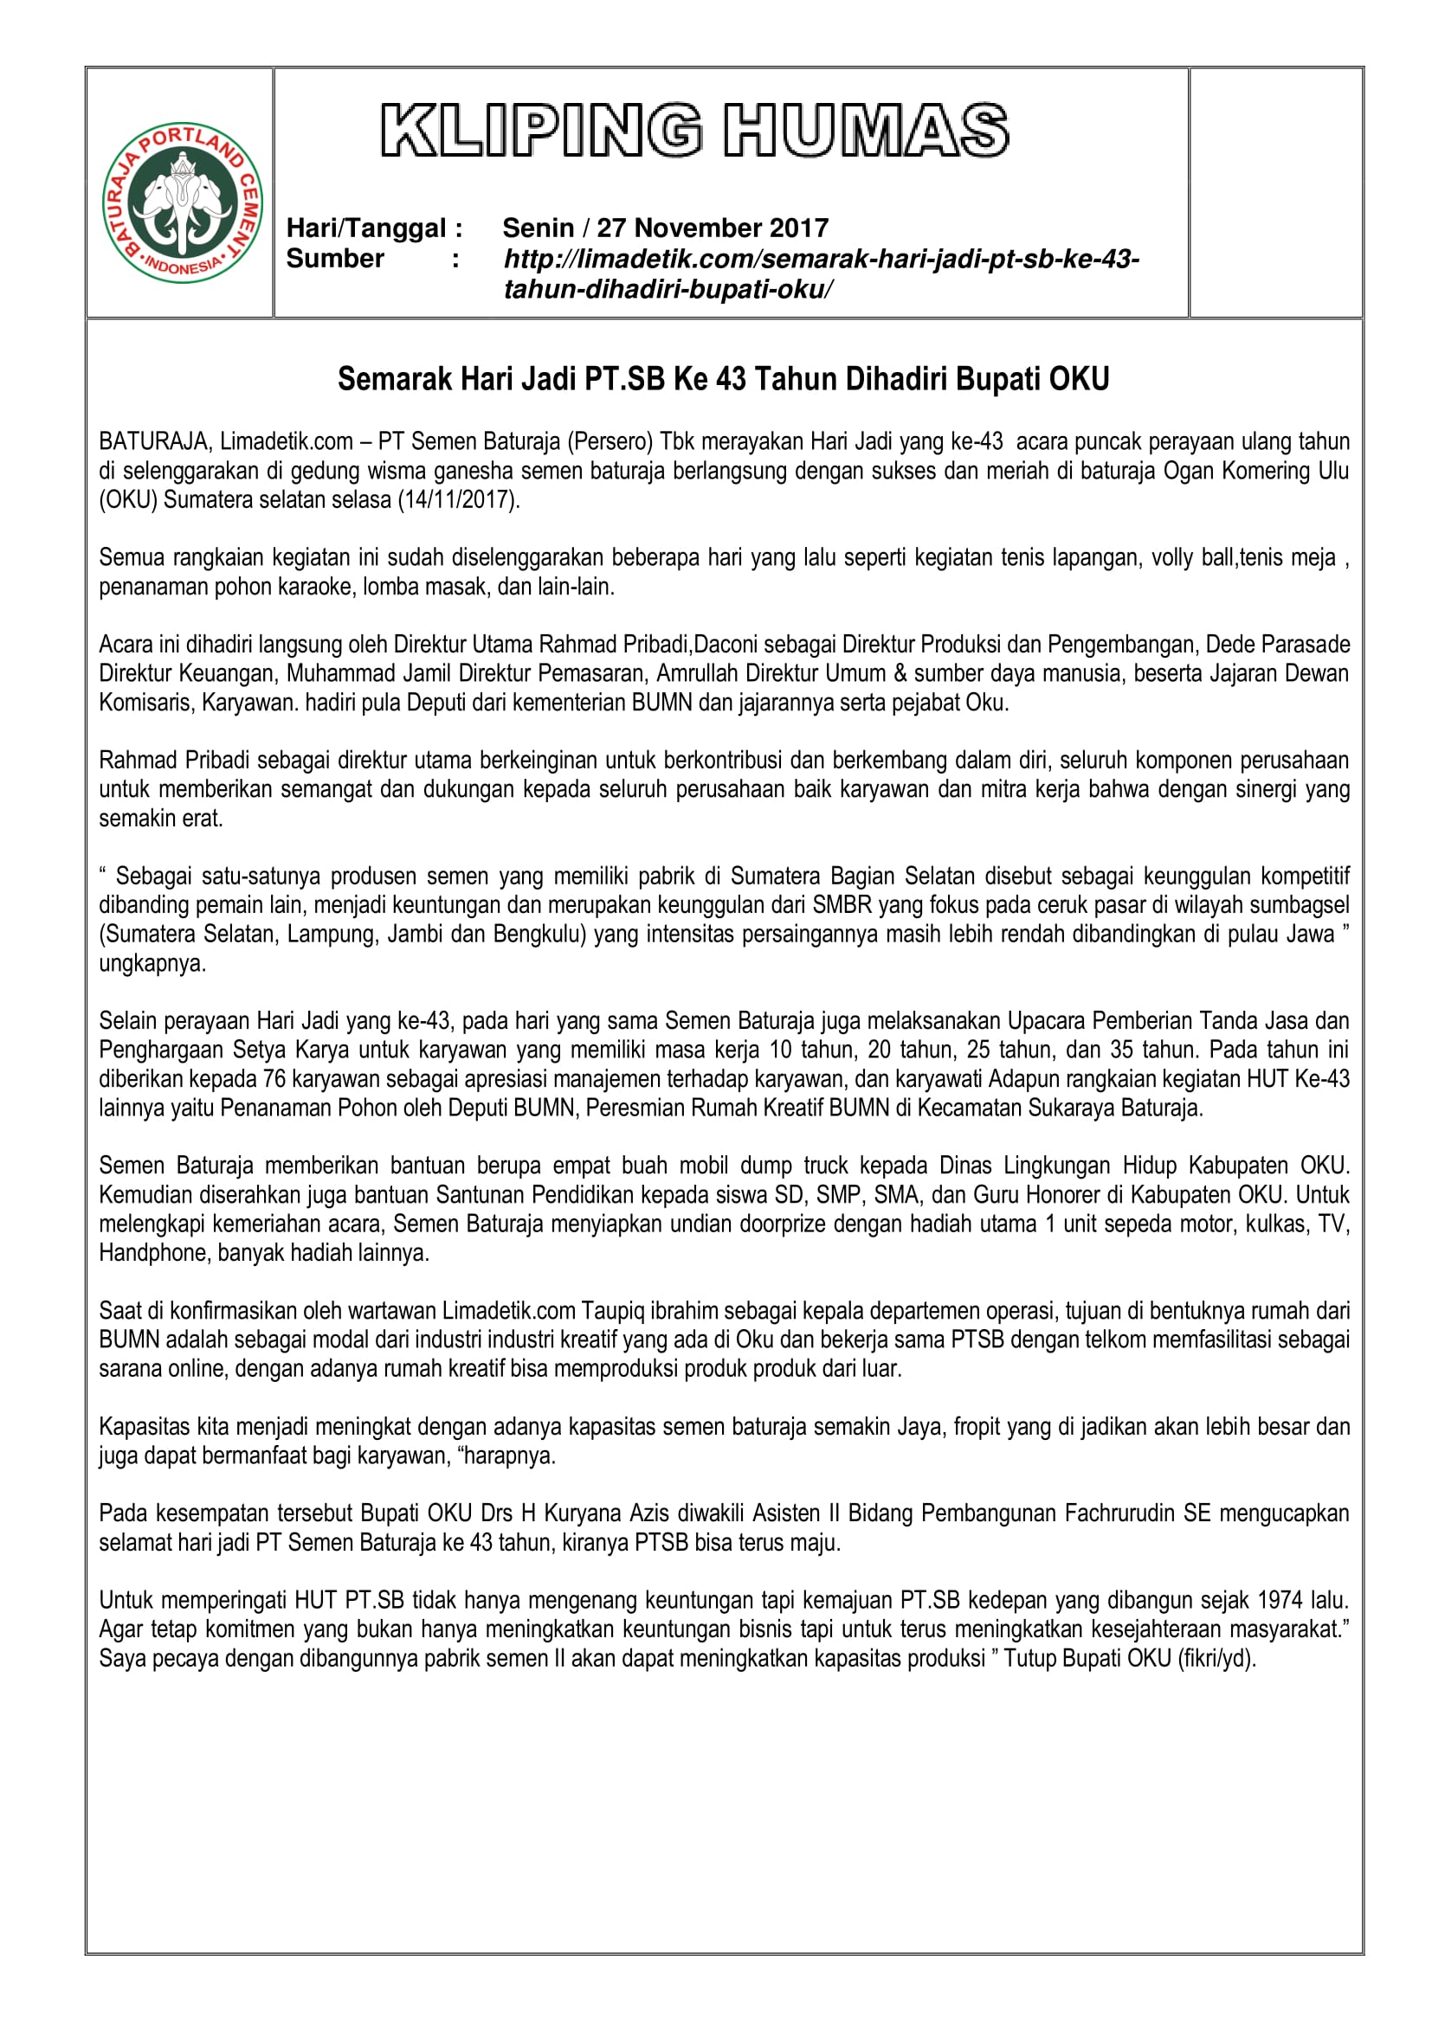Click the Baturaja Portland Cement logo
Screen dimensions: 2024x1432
(x=183, y=202)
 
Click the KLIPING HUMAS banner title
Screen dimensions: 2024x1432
(x=694, y=131)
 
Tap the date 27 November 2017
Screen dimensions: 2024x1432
(x=713, y=228)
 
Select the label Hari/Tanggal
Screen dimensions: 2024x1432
(x=366, y=228)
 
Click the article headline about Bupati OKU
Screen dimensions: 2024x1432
(x=723, y=379)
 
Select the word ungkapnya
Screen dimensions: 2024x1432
(x=152, y=963)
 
